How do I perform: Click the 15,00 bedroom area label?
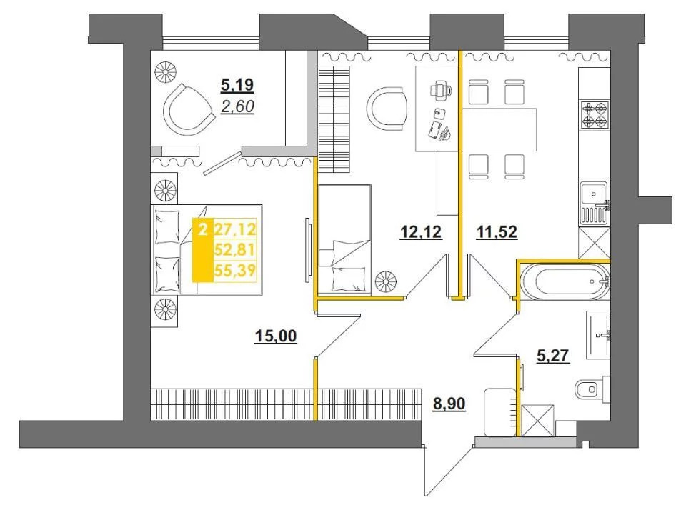pos(276,336)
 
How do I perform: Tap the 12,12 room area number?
pos(421,231)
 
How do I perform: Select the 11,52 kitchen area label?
pos(497,231)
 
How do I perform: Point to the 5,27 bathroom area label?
pos(553,356)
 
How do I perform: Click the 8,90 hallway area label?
pos(449,404)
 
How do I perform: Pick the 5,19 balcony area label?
pos(237,85)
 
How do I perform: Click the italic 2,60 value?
pos(237,106)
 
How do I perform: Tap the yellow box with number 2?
pos(202,249)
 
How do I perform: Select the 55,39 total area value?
pos(234,270)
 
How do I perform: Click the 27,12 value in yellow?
pos(234,229)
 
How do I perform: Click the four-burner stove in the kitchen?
pos(595,114)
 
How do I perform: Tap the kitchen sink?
pos(594,202)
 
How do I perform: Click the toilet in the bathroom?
pos(590,389)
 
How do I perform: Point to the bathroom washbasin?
pos(599,335)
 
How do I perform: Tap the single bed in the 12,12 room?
pos(344,239)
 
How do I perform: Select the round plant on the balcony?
pos(166,71)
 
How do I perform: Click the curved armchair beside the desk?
pos(387,109)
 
